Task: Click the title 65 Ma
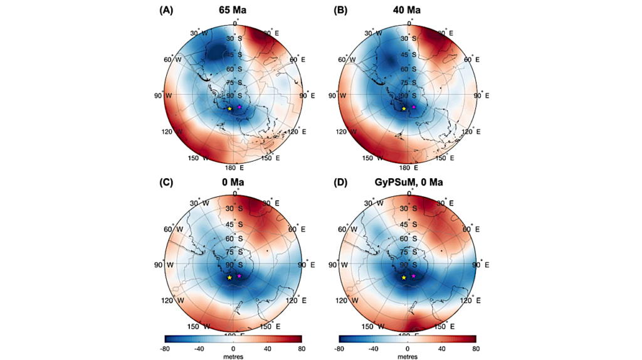[x=233, y=9]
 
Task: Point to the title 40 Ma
[x=407, y=9]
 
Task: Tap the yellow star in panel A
[x=229, y=109]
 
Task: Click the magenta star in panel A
[x=239, y=107]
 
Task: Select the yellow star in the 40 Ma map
[x=404, y=109]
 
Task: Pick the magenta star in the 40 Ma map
[x=414, y=107]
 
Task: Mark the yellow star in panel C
[x=229, y=277]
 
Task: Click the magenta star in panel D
[x=414, y=276]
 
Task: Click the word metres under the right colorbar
[x=407, y=356]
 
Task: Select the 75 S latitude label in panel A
[x=233, y=83]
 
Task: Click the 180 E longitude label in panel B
[x=407, y=168]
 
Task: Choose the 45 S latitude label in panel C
[x=233, y=224]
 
